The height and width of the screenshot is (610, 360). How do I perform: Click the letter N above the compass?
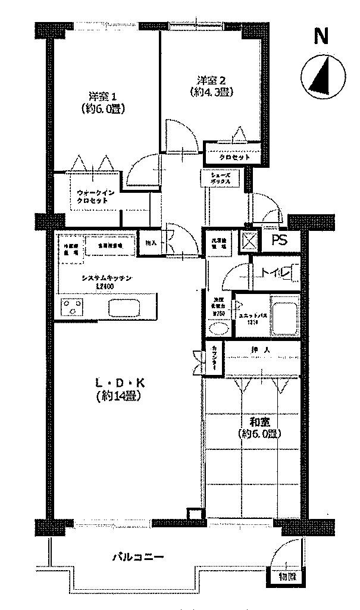point(321,37)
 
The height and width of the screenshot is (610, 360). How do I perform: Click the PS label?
point(279,240)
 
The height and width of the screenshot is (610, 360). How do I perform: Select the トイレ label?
point(275,273)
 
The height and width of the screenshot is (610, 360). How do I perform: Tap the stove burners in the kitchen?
point(73,308)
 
